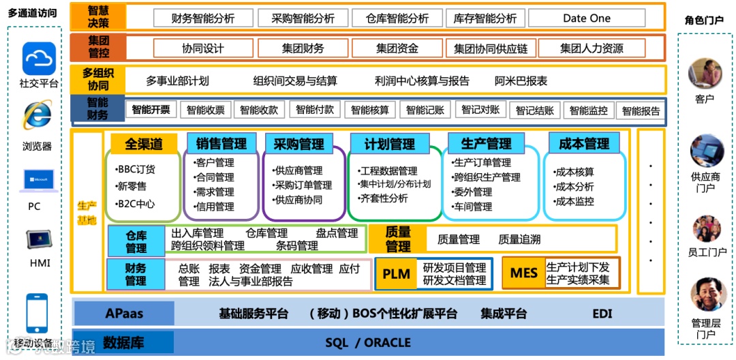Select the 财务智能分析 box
pyautogui.click(x=203, y=18)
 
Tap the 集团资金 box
pyautogui.click(x=397, y=48)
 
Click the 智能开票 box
pyautogui.click(x=151, y=109)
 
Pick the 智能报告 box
pyautogui.click(x=641, y=110)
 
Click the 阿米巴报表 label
pyautogui.click(x=521, y=80)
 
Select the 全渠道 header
pyautogui.click(x=144, y=144)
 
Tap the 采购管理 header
pyautogui.click(x=298, y=144)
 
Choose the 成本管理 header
pyautogui.click(x=583, y=144)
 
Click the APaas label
pyautogui.click(x=124, y=314)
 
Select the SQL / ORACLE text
pyautogui.click(x=368, y=342)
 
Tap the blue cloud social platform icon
pyautogui.click(x=39, y=59)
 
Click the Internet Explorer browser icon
pyautogui.click(x=37, y=116)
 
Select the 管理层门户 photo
pyautogui.click(x=705, y=295)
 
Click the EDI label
pyautogui.click(x=602, y=314)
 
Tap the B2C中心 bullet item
pyautogui.click(x=136, y=203)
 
